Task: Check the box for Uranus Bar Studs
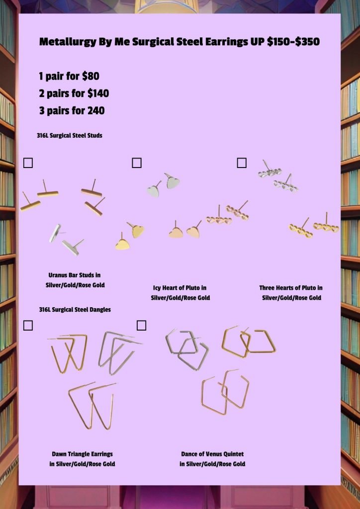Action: click(28, 163)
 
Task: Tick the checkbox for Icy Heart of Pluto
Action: click(137, 163)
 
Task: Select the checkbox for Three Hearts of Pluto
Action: click(242, 163)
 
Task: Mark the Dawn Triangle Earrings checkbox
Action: click(28, 325)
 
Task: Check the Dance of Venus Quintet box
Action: click(141, 325)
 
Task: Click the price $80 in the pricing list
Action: click(90, 76)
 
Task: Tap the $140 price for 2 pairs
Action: click(98, 93)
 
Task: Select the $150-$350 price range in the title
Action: click(293, 42)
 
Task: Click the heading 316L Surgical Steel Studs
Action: click(70, 135)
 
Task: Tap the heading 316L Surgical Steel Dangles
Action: click(75, 310)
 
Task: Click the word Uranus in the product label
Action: click(58, 275)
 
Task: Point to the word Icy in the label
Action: click(157, 288)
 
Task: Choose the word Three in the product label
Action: click(267, 288)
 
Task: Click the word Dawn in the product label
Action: click(59, 454)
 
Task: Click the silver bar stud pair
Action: click(66, 240)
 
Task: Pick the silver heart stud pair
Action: click(164, 185)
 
